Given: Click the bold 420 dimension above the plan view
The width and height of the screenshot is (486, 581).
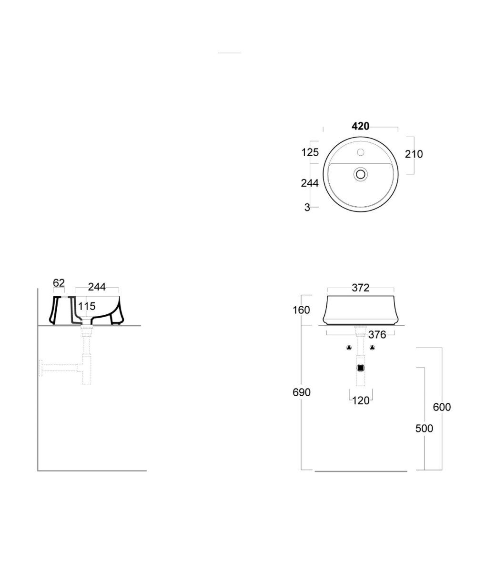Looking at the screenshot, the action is (x=360, y=126).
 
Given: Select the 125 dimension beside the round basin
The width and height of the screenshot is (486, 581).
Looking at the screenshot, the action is (x=310, y=152).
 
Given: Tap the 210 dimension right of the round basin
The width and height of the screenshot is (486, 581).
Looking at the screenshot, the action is (x=414, y=154).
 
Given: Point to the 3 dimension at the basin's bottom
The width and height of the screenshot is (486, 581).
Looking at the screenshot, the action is (x=307, y=207).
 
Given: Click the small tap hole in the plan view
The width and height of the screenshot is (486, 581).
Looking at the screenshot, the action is (x=361, y=152).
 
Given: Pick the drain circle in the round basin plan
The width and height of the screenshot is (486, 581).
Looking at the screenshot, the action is (x=361, y=174).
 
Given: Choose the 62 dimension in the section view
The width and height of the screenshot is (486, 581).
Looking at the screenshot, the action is (x=59, y=283).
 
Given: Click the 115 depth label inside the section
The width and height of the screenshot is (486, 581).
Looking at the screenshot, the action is (x=87, y=306).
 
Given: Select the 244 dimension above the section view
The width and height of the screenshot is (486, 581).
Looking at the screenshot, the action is (x=97, y=287).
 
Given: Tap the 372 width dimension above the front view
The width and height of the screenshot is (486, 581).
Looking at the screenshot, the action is (x=361, y=288).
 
